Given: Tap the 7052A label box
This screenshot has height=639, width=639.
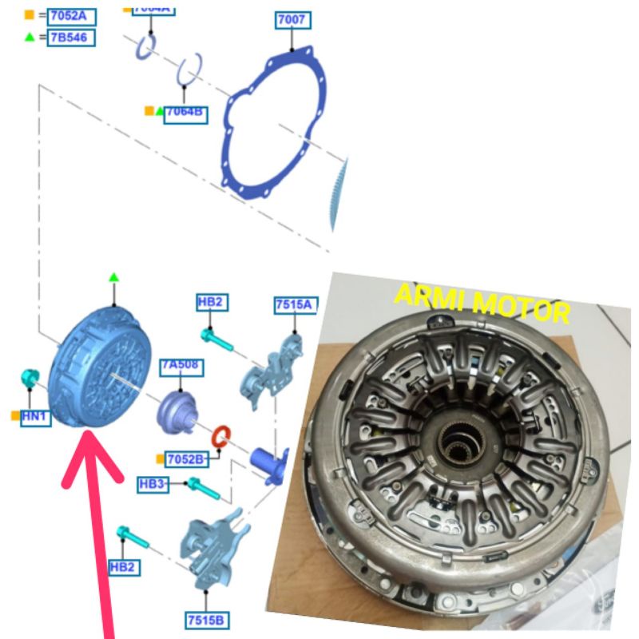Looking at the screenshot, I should [71, 15].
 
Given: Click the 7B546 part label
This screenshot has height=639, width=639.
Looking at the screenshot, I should [71, 37].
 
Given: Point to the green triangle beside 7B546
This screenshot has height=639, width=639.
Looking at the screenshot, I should [30, 37].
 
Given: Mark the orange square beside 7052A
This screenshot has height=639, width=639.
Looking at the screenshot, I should [30, 15].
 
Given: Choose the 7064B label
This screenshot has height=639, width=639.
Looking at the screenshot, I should [185, 113].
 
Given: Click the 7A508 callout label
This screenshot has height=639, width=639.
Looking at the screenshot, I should [181, 367].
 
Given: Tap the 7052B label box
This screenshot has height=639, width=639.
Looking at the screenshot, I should [186, 458].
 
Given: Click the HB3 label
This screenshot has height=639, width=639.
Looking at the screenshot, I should [153, 484].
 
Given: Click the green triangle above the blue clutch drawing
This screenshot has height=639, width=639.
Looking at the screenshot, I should [113, 277].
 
